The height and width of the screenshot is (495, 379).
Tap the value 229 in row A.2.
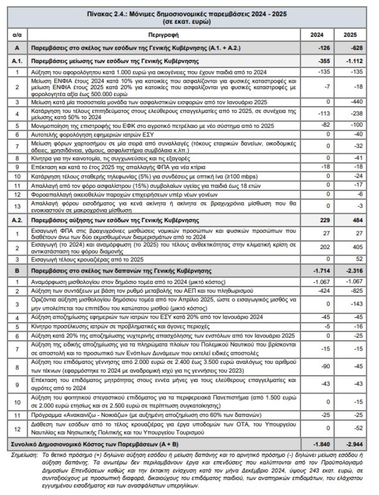coord(324,220)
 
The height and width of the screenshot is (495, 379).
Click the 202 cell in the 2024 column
coord(326,248)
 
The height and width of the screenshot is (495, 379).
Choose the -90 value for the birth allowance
coord(326,366)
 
